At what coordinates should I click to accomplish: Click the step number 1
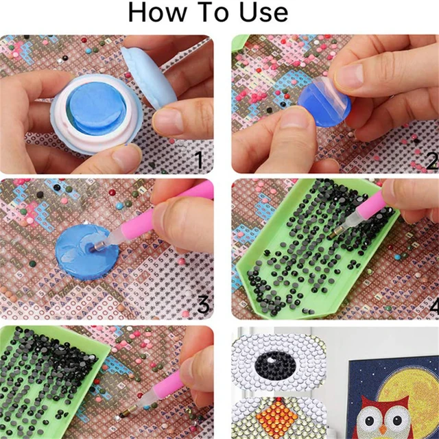coord(198,161)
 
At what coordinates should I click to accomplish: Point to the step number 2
coord(431,161)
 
